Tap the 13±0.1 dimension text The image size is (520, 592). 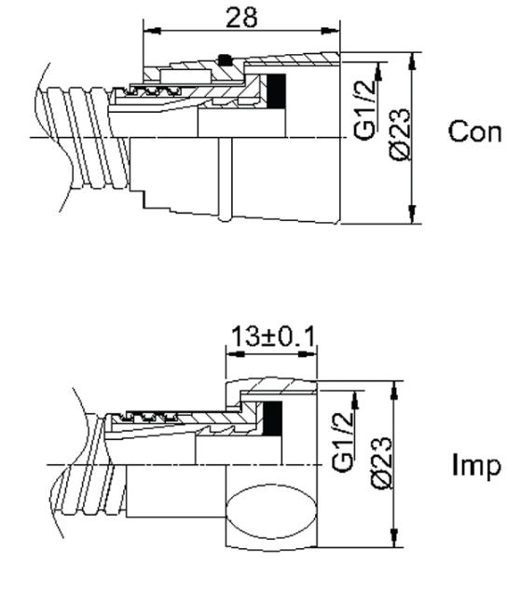pyautogui.click(x=272, y=336)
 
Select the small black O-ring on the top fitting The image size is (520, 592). pyautogui.click(x=223, y=61)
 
